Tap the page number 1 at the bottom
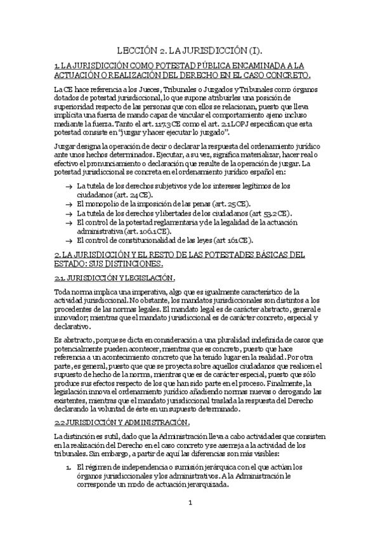click(189, 503)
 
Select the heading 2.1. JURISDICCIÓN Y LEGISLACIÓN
click(114, 278)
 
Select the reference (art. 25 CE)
click(229, 204)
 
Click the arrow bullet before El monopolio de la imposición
click(68, 204)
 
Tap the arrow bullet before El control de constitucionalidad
click(68, 242)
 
